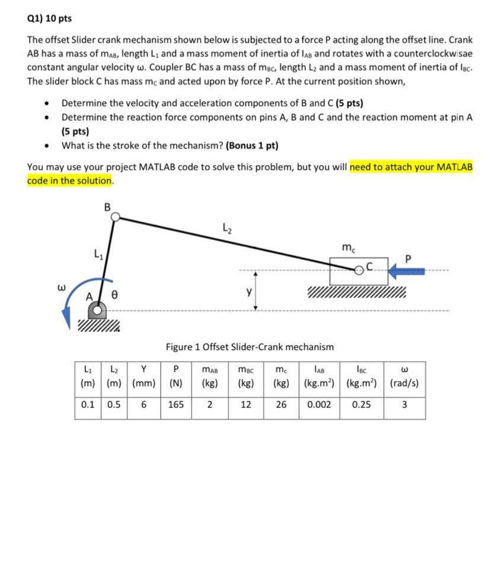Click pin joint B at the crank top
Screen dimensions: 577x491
117,218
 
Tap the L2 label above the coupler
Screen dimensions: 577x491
226,227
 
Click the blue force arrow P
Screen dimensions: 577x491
407,272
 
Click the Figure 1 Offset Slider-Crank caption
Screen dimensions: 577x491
250,346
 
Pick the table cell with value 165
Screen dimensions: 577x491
176,404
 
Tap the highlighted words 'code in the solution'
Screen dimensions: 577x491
69,180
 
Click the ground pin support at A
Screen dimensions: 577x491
98,310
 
